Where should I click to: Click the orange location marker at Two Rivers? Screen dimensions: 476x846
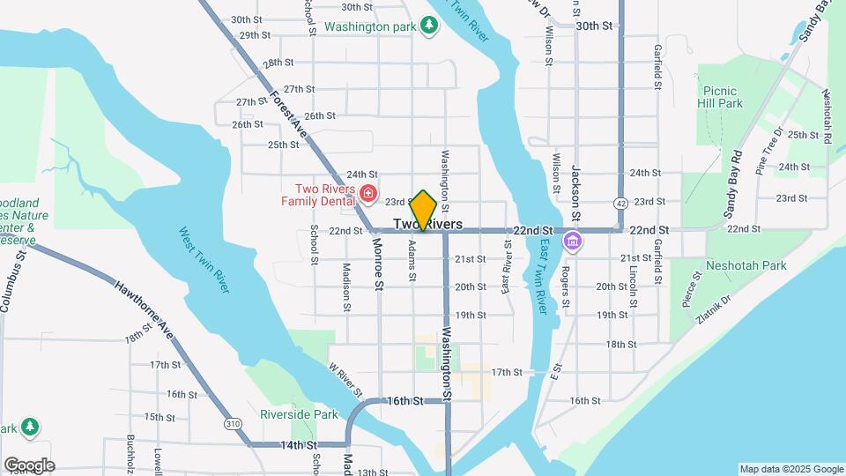[424, 211]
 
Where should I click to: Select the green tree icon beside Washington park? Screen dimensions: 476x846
[429, 26]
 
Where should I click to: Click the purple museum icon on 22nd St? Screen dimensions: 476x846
[572, 240]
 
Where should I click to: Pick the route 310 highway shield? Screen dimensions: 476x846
[232, 424]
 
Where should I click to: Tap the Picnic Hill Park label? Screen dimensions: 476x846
[724, 97]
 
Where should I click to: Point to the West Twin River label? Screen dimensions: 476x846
[204, 260]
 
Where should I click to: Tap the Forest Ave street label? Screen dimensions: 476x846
[289, 113]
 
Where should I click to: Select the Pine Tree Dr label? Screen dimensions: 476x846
[769, 152]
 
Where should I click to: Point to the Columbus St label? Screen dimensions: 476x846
[13, 280]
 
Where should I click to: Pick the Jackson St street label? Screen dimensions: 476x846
[576, 191]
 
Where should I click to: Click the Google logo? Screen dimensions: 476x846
[28, 465]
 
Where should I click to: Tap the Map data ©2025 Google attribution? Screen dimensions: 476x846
[790, 469]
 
